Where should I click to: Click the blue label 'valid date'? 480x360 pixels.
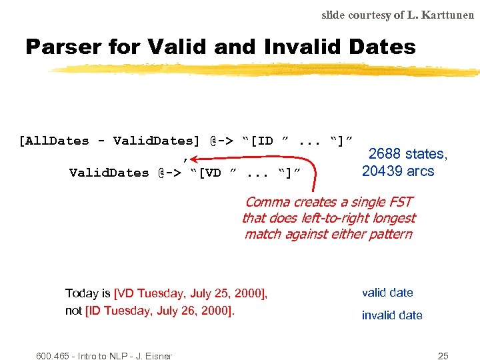point(387,293)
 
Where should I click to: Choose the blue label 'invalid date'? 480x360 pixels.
point(392,315)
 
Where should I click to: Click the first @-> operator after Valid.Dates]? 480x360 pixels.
point(221,141)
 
